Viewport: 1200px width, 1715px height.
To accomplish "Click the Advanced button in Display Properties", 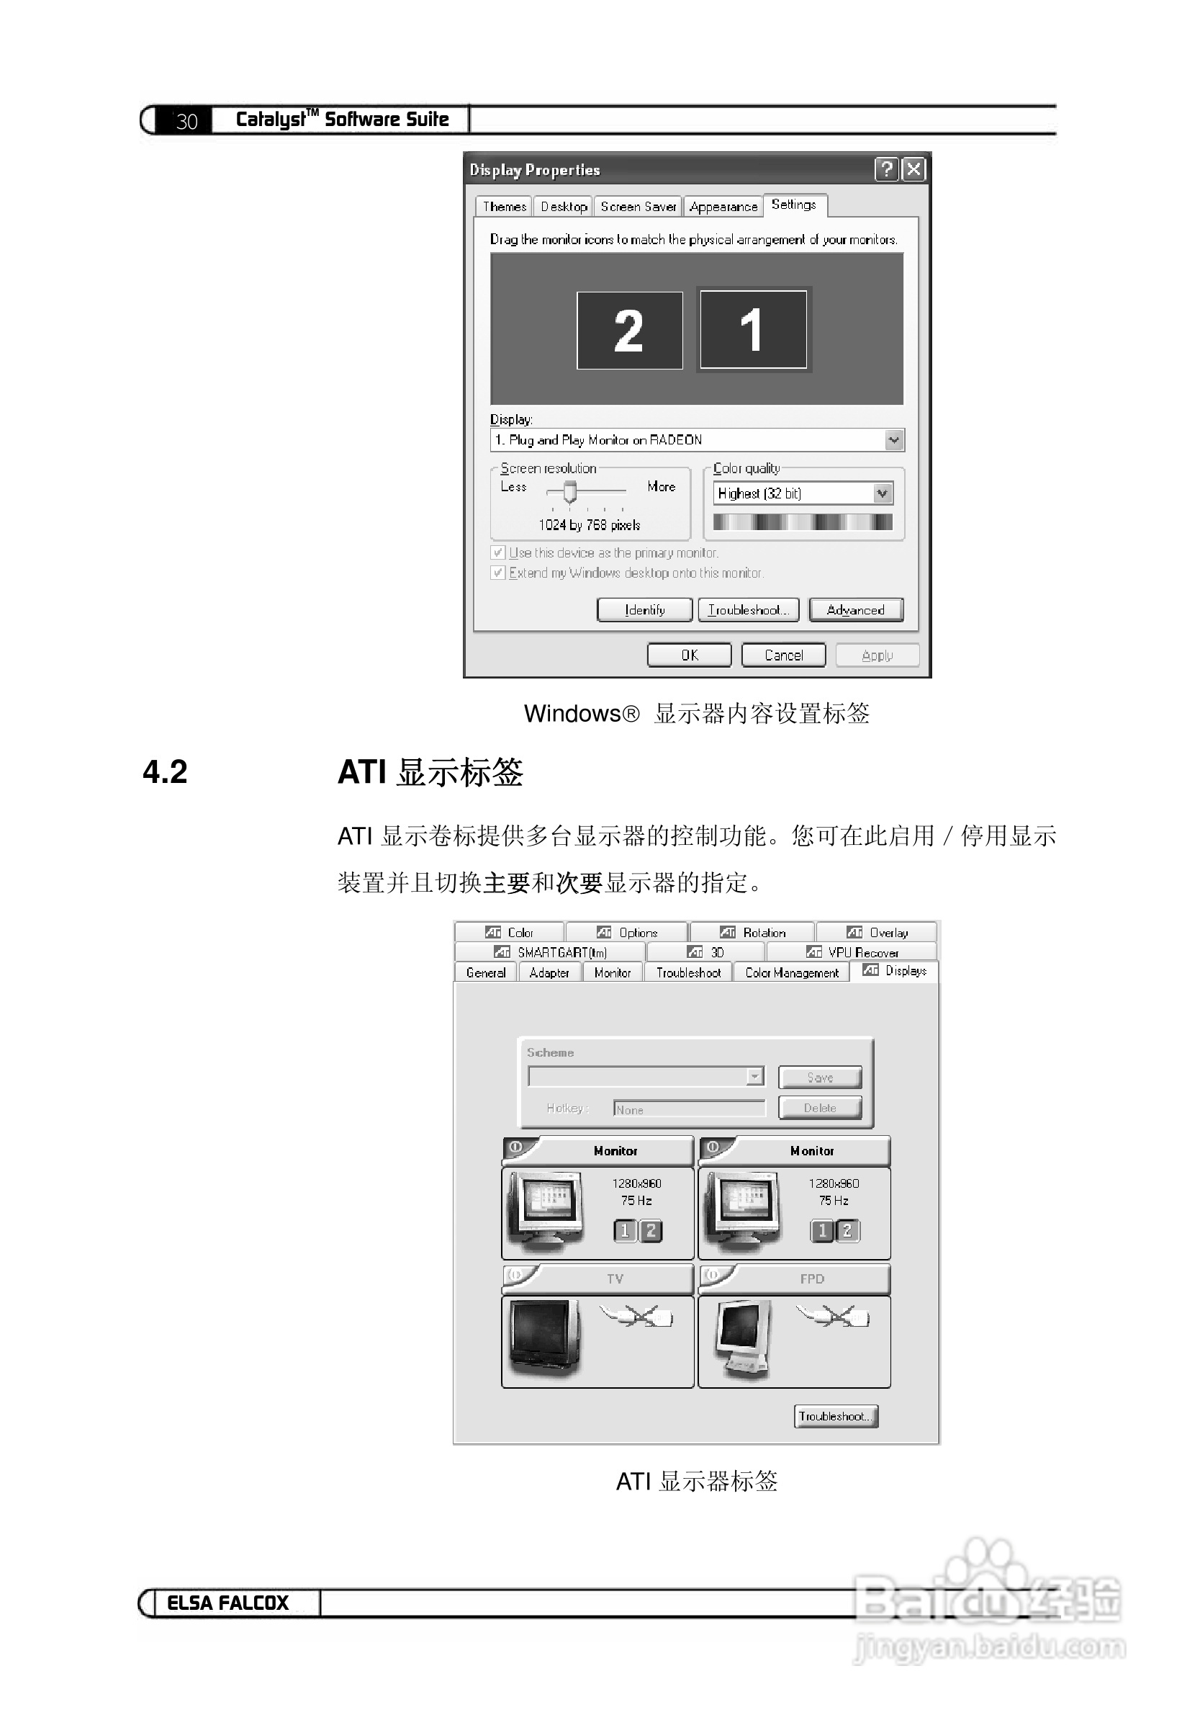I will click(x=855, y=609).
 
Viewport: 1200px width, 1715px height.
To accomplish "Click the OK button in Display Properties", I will click(x=688, y=655).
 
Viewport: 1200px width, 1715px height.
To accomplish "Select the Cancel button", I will click(x=783, y=655).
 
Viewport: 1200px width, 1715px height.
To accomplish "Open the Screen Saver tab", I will click(x=638, y=206).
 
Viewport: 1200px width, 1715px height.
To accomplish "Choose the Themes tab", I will click(x=504, y=206).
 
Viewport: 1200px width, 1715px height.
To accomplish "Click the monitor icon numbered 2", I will click(x=629, y=330).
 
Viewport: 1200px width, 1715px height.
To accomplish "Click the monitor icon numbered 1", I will click(x=753, y=330).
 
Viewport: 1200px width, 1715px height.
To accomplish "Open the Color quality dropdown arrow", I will click(x=883, y=493).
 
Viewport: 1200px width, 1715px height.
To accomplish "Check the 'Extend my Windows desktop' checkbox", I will click(x=498, y=573).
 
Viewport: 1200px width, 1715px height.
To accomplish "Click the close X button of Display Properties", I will click(x=913, y=169).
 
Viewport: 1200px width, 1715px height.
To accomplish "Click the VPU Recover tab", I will click(x=852, y=952).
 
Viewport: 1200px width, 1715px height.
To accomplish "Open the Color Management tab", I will click(x=792, y=972).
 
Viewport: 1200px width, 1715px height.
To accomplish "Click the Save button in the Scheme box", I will click(x=819, y=1077).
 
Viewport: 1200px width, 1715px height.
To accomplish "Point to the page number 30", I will click(x=186, y=121).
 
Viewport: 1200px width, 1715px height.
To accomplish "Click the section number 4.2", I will click(x=165, y=771).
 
